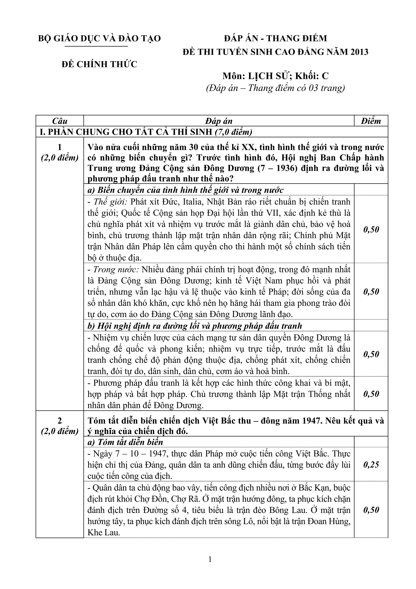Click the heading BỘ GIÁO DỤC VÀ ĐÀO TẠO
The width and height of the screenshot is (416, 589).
tap(100, 38)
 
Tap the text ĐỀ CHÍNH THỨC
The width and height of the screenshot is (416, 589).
tap(100, 64)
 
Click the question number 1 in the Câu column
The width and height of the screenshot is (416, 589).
tap(60, 147)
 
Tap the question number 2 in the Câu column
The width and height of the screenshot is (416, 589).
tap(60, 421)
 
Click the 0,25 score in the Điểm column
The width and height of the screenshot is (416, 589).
tap(371, 465)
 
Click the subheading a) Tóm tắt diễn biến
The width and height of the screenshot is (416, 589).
tap(125, 442)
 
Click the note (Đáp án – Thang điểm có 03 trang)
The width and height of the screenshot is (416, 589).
tap(276, 88)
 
